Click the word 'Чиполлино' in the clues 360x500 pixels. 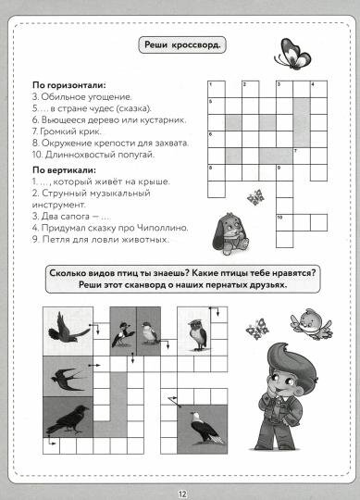162,227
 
